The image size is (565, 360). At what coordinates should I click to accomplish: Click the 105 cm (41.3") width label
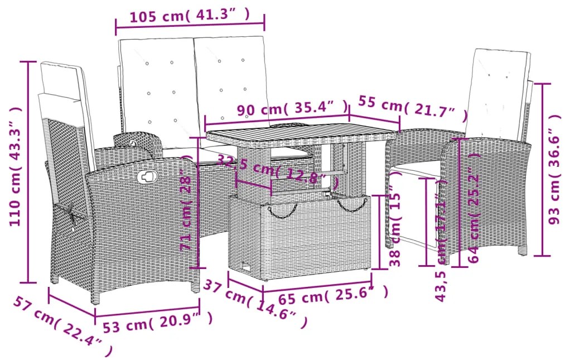190,15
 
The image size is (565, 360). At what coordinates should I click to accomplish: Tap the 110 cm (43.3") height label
15,167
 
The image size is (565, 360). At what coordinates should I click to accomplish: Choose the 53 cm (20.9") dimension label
158,322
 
